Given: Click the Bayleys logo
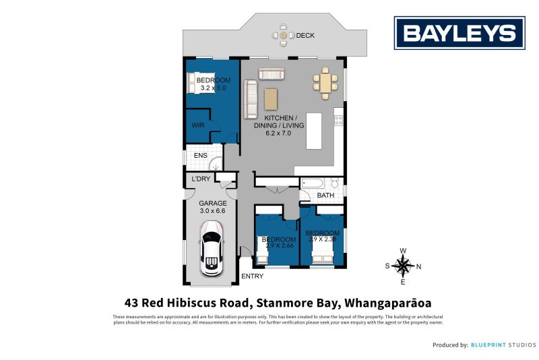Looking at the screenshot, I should [459, 33].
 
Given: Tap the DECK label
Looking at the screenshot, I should [305, 36].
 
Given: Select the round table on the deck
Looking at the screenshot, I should [284, 35].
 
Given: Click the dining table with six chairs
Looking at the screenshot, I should [325, 82].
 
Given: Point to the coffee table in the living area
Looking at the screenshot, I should [271, 99].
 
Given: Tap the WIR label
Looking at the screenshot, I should [198, 125].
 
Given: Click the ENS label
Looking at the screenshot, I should [200, 156].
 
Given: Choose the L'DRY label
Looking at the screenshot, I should [201, 179].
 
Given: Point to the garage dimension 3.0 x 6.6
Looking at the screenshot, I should [212, 211].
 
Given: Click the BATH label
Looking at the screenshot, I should [326, 196].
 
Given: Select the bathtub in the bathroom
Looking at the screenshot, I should [313, 183].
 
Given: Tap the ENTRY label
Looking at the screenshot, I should [253, 276].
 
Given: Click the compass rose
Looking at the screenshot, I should [403, 266].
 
